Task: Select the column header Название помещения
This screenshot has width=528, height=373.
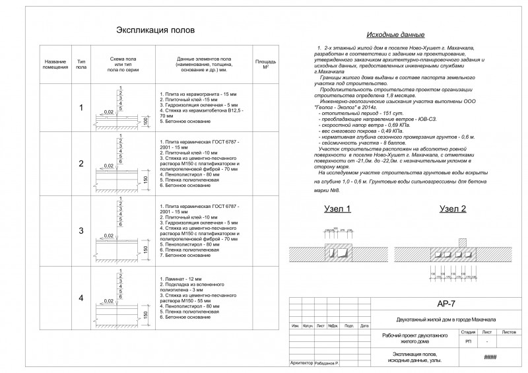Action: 55,64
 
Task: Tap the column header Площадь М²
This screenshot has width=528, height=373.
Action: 265,64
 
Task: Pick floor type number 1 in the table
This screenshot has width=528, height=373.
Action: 81,108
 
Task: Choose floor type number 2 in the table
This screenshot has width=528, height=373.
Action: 81,164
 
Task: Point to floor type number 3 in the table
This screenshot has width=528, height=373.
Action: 81,231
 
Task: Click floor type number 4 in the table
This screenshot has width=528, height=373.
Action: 81,298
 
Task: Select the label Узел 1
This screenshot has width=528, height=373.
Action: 337,209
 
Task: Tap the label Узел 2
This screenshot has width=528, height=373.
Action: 452,209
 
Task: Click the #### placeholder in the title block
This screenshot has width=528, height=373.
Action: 490,357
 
